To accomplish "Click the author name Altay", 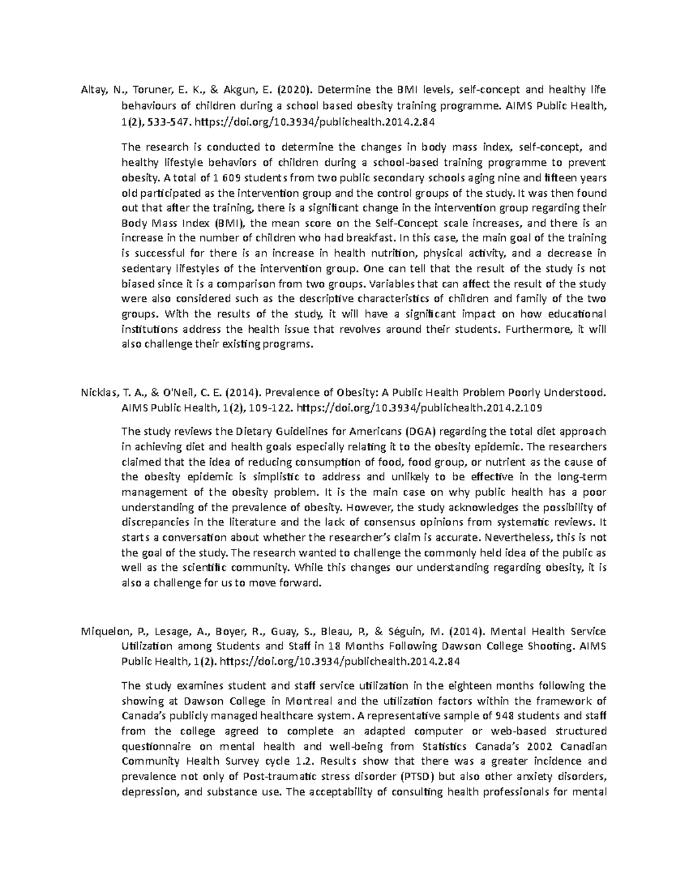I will tap(95, 90).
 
